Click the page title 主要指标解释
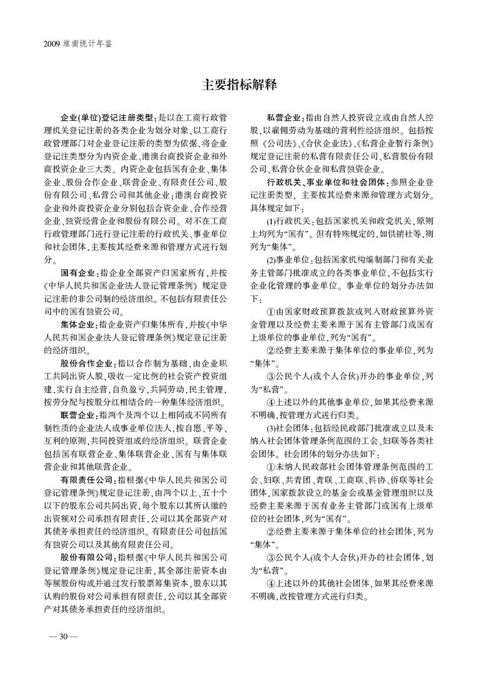[x=239, y=84]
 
